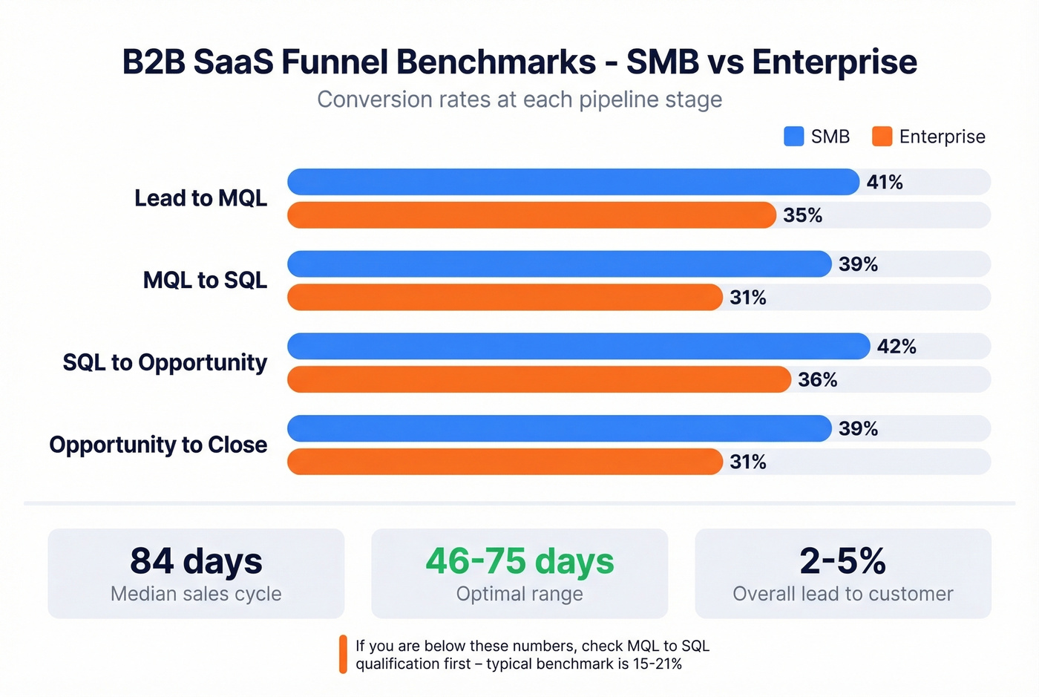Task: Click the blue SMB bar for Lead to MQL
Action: pos(573,182)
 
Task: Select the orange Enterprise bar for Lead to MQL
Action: pos(531,215)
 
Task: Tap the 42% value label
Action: pos(897,347)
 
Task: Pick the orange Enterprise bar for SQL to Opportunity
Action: pos(539,379)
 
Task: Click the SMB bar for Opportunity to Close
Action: pos(559,428)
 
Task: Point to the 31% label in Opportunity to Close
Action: pos(747,462)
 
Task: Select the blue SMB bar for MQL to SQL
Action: pos(559,264)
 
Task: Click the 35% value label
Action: pos(802,215)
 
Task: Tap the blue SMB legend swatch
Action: pos(793,137)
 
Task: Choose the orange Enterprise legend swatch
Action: pos(882,137)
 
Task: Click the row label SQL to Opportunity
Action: pos(165,362)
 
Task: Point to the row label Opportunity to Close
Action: pos(158,445)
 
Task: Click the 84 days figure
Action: pos(196,561)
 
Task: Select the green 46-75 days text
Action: pos(519,561)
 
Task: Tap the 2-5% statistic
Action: pos(842,561)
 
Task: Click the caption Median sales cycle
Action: pos(196,594)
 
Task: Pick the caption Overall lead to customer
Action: pos(842,594)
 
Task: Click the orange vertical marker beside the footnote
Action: pos(343,654)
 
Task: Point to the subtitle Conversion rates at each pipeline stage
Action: pos(519,99)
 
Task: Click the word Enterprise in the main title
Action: pos(834,62)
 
